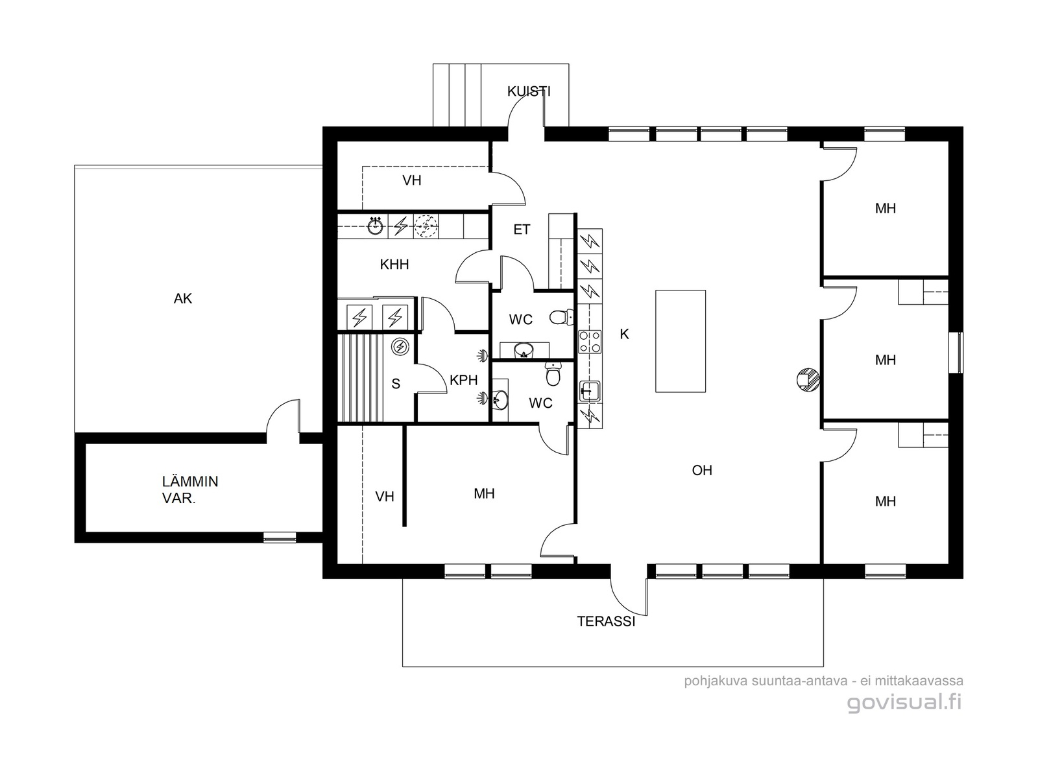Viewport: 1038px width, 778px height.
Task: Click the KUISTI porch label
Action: [529, 91]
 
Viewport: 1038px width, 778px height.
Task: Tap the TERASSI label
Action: [606, 621]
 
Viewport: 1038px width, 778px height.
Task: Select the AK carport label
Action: [183, 298]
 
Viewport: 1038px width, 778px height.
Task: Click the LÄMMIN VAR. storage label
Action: [190, 490]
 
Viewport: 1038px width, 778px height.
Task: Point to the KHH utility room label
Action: [394, 264]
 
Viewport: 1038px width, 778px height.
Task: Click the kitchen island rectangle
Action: [681, 341]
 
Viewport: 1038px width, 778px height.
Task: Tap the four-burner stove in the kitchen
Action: [590, 342]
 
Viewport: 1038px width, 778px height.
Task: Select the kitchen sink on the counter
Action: [590, 392]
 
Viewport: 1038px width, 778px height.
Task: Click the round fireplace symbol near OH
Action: [808, 379]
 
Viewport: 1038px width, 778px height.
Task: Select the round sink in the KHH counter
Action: [376, 226]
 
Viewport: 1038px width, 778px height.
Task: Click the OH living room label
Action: [702, 470]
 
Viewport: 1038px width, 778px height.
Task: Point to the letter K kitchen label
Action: [624, 334]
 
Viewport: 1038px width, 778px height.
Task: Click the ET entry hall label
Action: [522, 230]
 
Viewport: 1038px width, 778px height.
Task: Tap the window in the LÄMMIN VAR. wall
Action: [280, 537]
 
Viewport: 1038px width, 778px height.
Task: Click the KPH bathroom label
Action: [463, 380]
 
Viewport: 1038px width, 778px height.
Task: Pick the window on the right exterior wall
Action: [956, 353]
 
